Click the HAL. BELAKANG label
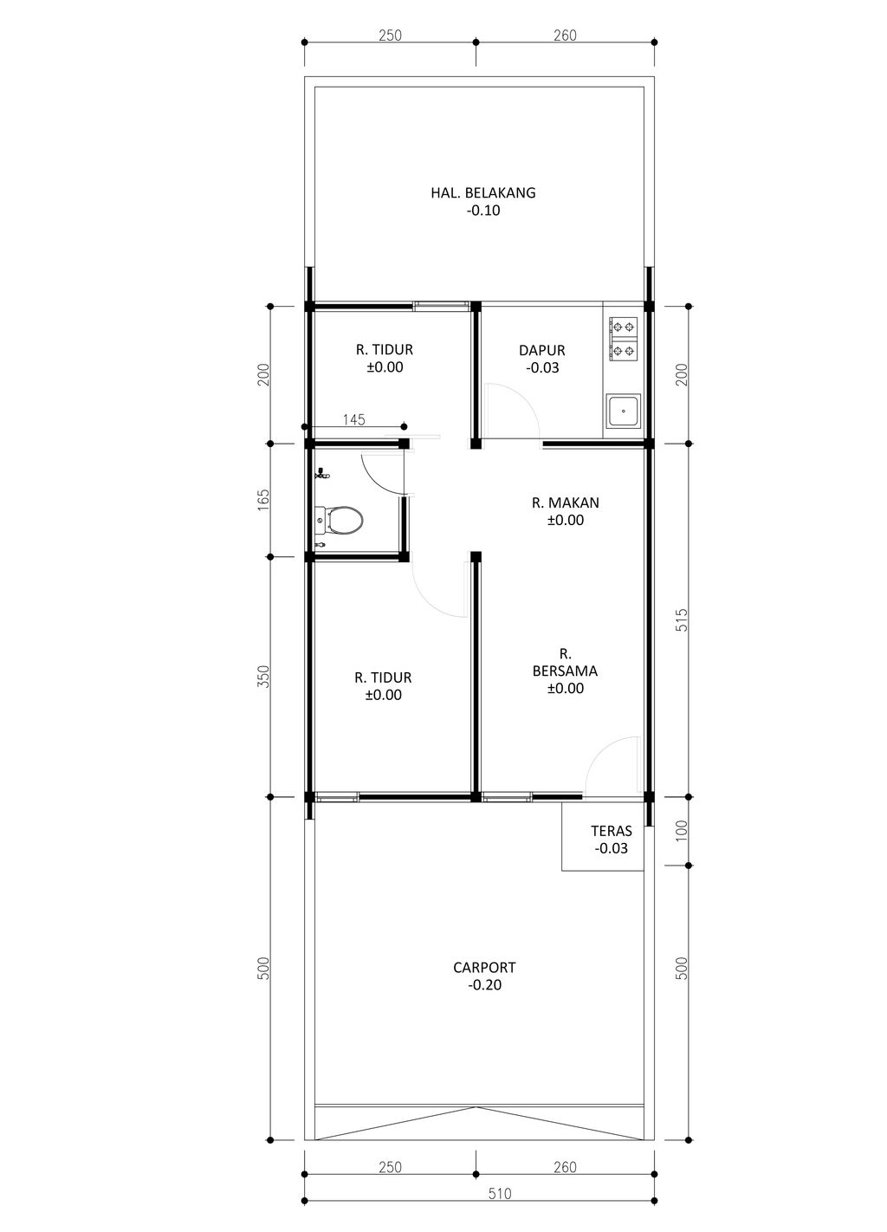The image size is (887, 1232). click(x=482, y=192)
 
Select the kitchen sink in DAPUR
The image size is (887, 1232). click(x=623, y=411)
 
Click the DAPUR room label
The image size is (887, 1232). click(x=541, y=350)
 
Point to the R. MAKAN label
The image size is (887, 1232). click(x=565, y=503)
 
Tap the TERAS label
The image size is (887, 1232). click(x=611, y=831)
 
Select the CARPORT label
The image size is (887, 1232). click(x=484, y=967)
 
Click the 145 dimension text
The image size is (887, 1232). click(x=353, y=419)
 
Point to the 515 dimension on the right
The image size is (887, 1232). click(x=682, y=619)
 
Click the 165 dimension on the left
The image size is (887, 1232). click(x=264, y=500)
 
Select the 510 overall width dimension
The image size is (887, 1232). click(x=499, y=1209)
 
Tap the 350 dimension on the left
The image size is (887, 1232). click(x=264, y=677)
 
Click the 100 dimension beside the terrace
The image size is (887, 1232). click(x=682, y=831)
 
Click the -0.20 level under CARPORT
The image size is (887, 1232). click(x=484, y=984)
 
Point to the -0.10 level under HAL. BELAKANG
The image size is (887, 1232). click(x=483, y=211)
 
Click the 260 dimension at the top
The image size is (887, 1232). click(x=565, y=36)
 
